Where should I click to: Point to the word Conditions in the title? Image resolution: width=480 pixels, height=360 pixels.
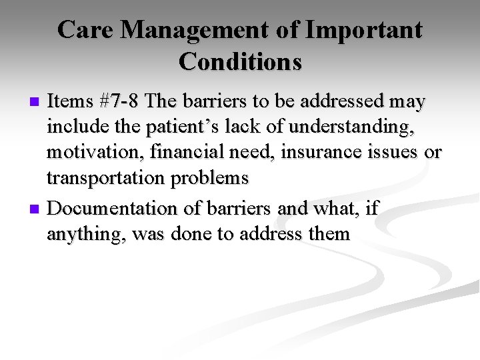(x=240, y=61)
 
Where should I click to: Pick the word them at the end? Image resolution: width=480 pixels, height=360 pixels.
(x=329, y=234)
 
